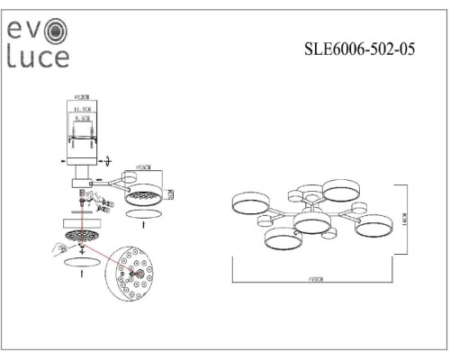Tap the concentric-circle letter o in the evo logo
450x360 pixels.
click(x=58, y=31)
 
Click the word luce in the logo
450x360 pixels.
click(x=38, y=58)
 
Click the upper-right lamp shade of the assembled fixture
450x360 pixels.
click(x=342, y=190)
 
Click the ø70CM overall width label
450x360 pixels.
click(x=312, y=281)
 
